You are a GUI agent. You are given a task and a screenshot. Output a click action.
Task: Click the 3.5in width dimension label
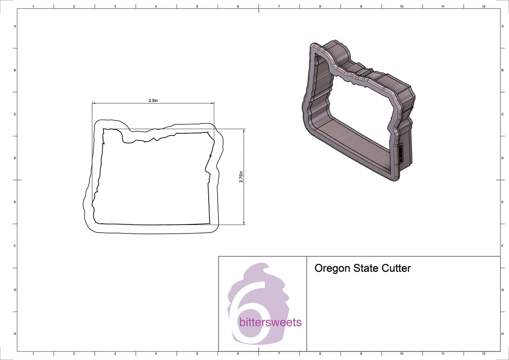(153, 101)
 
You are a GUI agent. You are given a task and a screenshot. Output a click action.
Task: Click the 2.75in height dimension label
(241, 177)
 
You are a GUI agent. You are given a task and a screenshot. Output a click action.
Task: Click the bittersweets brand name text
(270, 322)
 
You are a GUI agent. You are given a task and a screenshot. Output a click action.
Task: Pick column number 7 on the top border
(279, 6)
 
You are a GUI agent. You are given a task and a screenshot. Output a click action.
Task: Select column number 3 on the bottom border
(115, 354)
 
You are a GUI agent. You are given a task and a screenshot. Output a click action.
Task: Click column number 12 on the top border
(484, 6)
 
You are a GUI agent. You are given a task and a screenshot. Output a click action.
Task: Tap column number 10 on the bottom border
(402, 354)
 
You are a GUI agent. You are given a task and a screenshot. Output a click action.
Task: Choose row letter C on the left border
(15, 114)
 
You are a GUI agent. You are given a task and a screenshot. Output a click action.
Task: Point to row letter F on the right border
(502, 246)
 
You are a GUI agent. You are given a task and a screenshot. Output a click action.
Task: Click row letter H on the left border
(15, 334)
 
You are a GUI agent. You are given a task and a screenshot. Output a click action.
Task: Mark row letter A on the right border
(502, 26)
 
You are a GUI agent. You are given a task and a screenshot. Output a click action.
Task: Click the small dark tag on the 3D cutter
(400, 153)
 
